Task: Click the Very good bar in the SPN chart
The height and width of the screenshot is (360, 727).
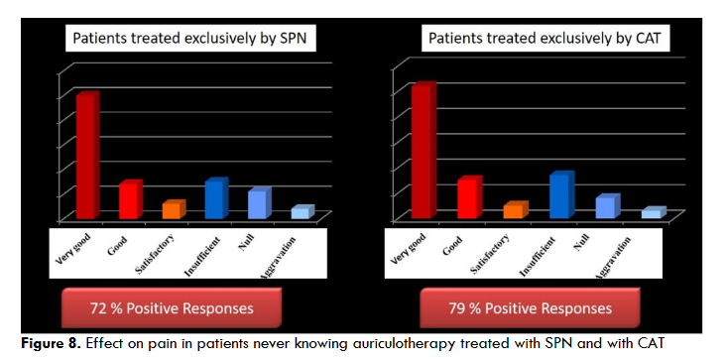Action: [x=86, y=157]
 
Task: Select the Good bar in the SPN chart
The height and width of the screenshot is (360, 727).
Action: [x=129, y=201]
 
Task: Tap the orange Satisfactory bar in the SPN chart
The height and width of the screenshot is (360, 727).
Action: [x=172, y=210]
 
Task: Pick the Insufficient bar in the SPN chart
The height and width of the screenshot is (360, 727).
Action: [x=215, y=200]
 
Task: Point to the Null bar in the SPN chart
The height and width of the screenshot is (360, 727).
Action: [x=257, y=204]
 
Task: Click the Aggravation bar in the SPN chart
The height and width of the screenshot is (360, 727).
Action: [x=300, y=212]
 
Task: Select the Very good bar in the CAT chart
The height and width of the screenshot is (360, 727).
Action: [x=423, y=152]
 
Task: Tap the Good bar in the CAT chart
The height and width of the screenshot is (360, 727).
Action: [x=467, y=198]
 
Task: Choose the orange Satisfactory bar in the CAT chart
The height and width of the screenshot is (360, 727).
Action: [x=512, y=210]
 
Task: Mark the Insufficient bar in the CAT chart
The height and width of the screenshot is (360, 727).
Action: [x=559, y=196]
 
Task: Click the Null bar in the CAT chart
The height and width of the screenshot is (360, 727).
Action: [x=605, y=207]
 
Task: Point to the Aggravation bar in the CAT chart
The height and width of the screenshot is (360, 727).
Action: [x=651, y=213]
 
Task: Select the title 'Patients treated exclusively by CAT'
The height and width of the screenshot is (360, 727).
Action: [x=544, y=41]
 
